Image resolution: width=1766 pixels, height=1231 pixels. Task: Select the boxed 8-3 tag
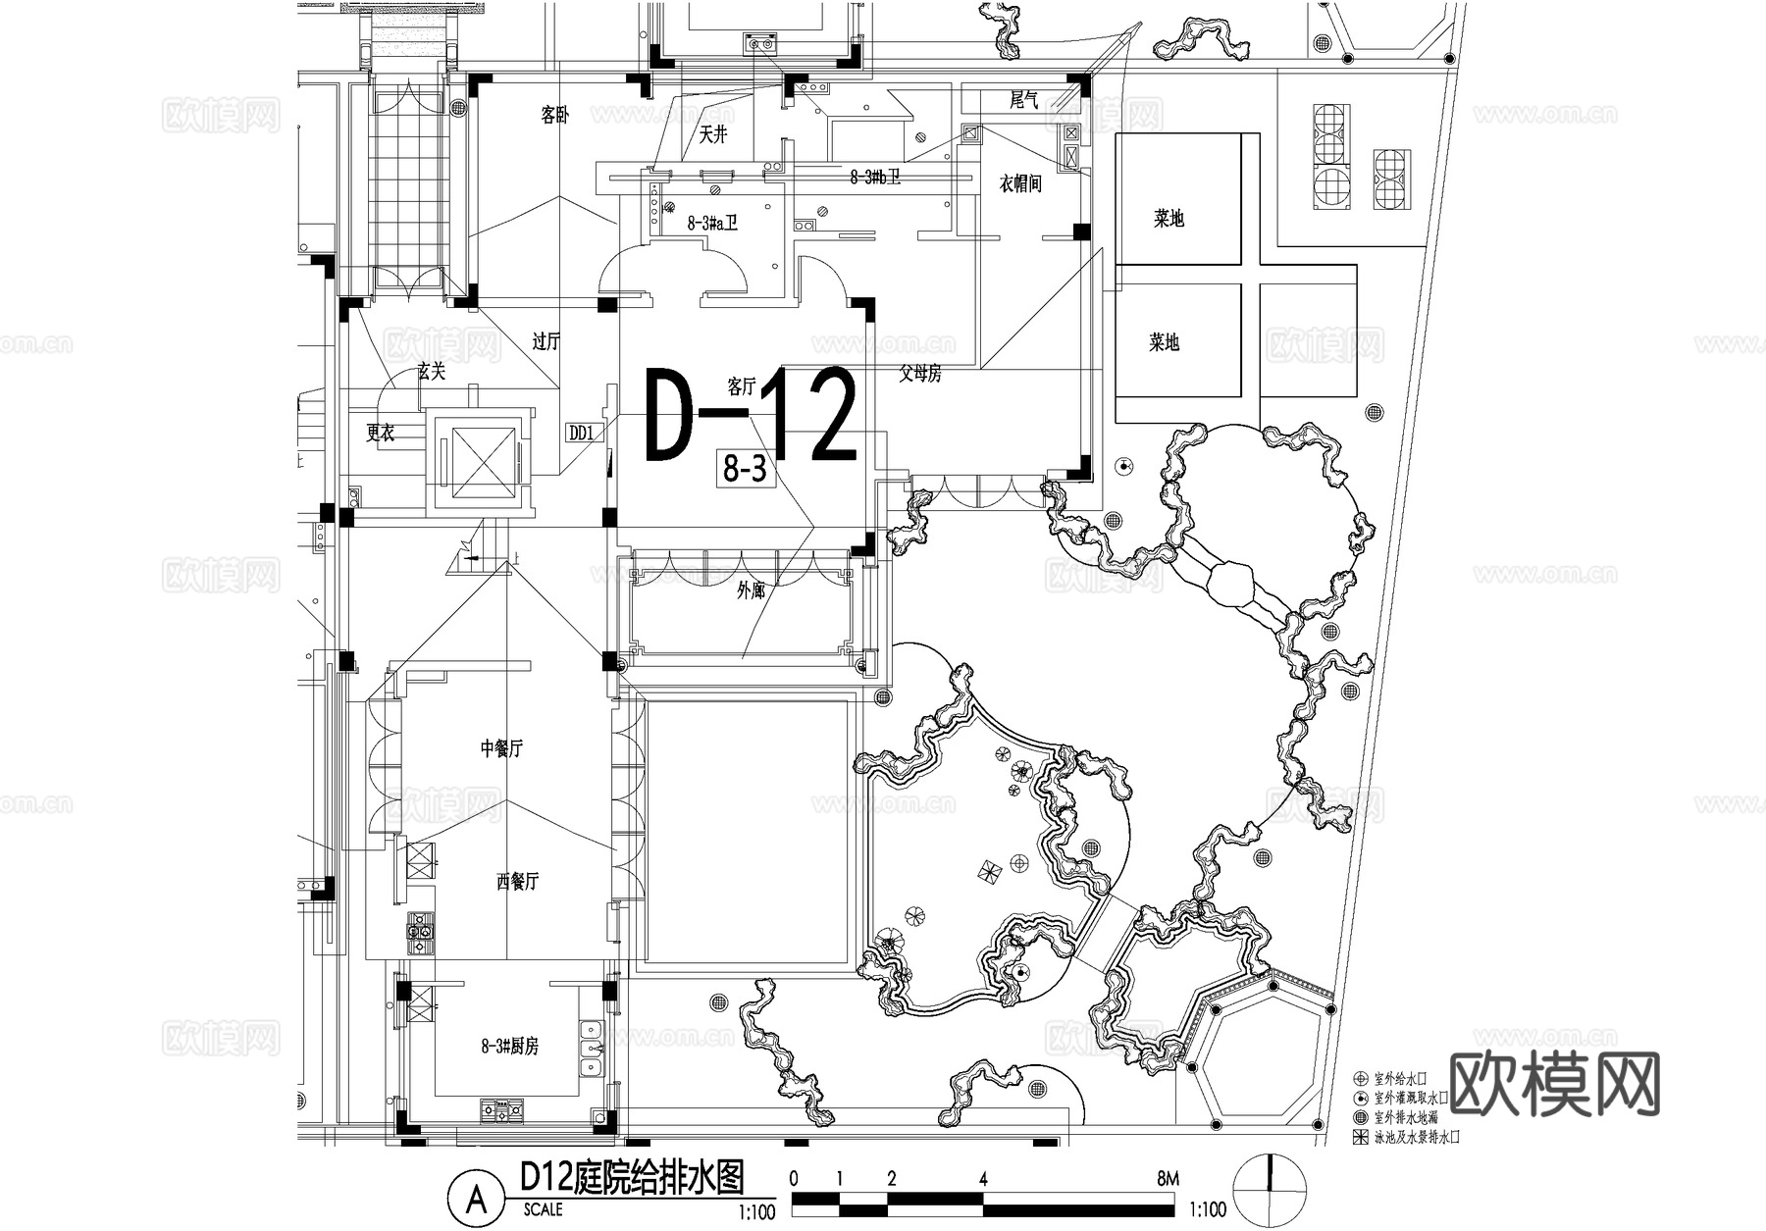click(744, 471)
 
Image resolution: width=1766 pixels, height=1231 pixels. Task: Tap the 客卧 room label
click(554, 116)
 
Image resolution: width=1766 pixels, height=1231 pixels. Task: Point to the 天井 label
click(712, 136)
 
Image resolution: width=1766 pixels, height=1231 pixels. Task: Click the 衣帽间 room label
click(1019, 183)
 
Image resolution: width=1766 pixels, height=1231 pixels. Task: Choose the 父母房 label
click(920, 373)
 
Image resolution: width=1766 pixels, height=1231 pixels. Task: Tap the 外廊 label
click(751, 591)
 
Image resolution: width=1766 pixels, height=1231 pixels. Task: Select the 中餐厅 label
click(501, 748)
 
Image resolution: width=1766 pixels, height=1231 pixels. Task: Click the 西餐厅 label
click(517, 882)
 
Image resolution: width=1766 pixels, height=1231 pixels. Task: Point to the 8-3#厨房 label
click(509, 1047)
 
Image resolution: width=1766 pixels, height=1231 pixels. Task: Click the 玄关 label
click(431, 372)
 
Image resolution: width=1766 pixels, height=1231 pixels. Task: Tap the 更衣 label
click(381, 433)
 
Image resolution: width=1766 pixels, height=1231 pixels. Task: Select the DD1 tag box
click(581, 433)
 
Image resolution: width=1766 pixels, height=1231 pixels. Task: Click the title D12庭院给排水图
click(632, 1176)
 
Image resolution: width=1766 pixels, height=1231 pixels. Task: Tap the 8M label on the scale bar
click(1167, 1179)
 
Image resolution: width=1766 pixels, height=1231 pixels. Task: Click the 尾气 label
click(1023, 100)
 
